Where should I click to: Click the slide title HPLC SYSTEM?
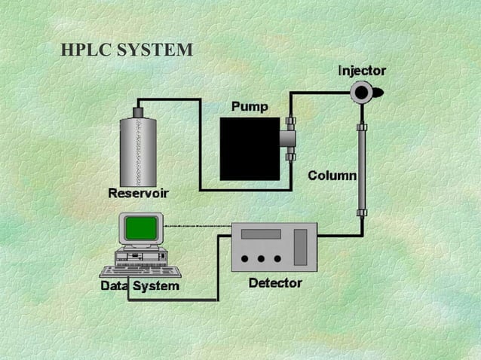(127, 50)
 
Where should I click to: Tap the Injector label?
(362, 71)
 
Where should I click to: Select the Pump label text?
(249, 107)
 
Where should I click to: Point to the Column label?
(332, 175)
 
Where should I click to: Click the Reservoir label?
(138, 194)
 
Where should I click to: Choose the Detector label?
(275, 283)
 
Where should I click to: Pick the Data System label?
(139, 286)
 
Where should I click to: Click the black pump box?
(250, 148)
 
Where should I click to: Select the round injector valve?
(362, 93)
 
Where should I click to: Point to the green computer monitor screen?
(141, 227)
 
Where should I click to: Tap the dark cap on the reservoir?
(138, 112)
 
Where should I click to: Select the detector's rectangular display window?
(261, 233)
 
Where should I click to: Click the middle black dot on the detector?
(261, 258)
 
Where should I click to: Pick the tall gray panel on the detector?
(301, 247)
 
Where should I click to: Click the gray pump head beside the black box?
(288, 138)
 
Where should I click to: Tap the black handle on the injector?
(378, 93)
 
